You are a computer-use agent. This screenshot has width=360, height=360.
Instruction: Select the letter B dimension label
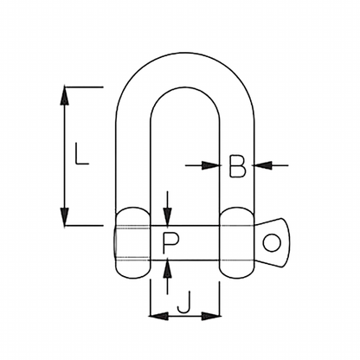[x=238, y=164]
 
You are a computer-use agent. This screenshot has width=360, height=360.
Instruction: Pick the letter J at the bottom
[x=183, y=304]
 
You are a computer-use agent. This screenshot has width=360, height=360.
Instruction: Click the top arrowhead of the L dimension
[x=64, y=94]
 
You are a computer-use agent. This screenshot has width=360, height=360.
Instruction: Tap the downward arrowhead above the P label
[x=168, y=219]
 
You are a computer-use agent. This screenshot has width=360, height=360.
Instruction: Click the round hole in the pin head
[x=273, y=241]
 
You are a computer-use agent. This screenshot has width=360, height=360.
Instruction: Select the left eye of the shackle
[x=132, y=242]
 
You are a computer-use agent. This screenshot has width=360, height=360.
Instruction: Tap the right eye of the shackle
[x=237, y=242]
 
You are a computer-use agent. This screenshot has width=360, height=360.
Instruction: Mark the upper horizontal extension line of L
[x=84, y=86]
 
